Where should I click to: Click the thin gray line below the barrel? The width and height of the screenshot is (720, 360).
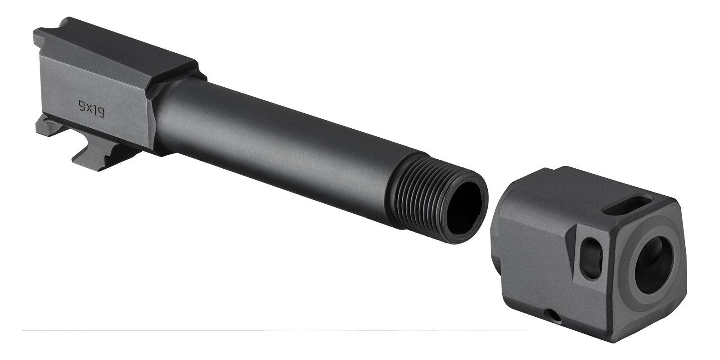click(270, 331)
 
